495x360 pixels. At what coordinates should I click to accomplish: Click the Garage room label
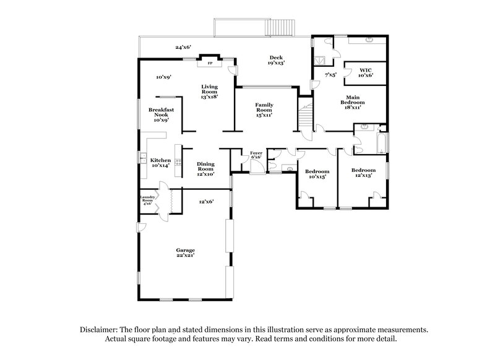click(184, 252)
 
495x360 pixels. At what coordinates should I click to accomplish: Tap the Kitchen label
click(160, 163)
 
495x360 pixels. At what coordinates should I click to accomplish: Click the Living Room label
click(209, 92)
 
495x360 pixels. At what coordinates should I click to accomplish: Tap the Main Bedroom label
click(353, 101)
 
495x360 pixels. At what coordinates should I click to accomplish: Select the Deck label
click(276, 60)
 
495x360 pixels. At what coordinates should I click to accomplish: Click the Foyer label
click(256, 155)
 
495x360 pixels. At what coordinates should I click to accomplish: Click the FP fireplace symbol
click(210, 63)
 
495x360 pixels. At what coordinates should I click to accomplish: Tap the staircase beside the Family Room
click(306, 116)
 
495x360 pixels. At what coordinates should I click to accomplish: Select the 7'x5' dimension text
click(331, 75)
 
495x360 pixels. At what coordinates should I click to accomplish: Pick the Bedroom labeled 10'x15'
click(317, 174)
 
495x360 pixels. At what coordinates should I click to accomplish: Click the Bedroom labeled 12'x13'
click(363, 173)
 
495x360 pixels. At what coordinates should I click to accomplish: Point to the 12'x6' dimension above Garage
click(205, 202)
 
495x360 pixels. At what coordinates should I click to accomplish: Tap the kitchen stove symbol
click(178, 162)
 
